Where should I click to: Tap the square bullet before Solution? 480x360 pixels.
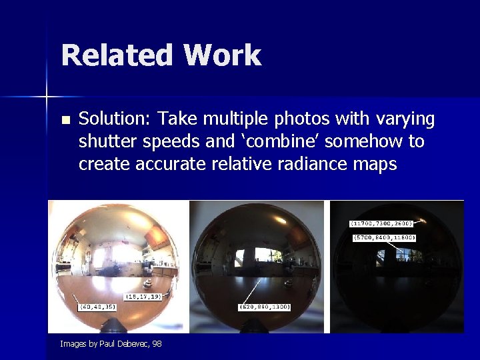point(65,121)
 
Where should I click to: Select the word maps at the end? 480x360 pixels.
point(374,164)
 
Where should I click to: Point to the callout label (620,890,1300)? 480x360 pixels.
point(263,307)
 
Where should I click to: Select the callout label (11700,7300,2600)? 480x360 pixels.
point(382,223)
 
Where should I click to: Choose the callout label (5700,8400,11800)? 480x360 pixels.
point(385,237)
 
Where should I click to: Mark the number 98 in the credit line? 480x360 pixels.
point(157,344)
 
